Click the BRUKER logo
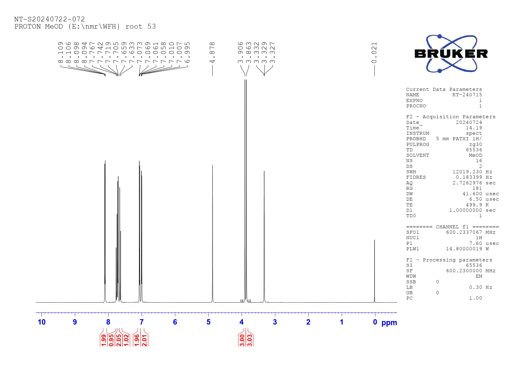(451, 54)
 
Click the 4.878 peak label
(212, 53)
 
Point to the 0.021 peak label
(374, 53)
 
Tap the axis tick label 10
(42, 322)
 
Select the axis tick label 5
(208, 322)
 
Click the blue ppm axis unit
(389, 323)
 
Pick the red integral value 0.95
(111, 340)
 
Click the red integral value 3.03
(250, 340)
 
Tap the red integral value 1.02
(126, 340)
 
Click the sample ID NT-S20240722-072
(50, 19)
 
